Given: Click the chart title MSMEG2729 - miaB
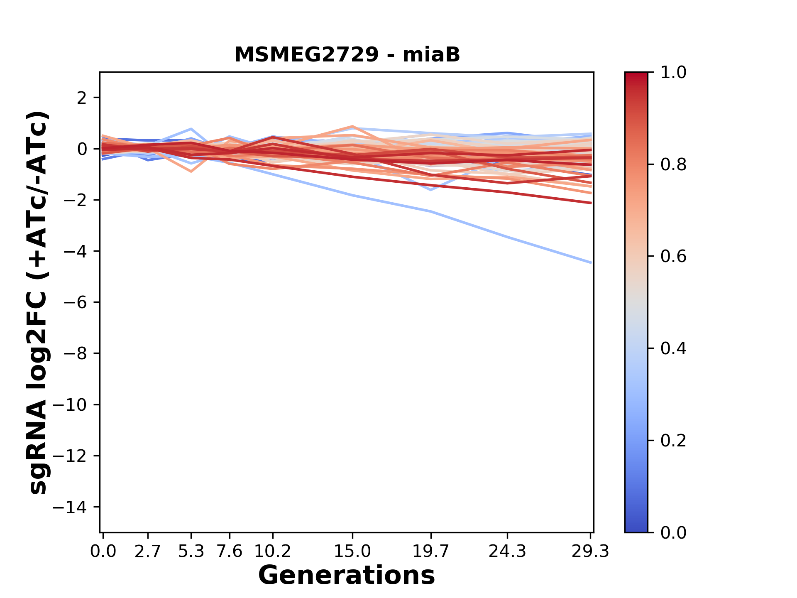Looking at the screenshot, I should click(x=347, y=55).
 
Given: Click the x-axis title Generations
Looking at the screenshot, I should click(x=347, y=576).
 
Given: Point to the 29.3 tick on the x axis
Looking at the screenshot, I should click(x=590, y=551).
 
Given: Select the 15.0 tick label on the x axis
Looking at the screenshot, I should click(x=352, y=551).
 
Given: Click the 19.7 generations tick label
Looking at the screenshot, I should click(x=431, y=551).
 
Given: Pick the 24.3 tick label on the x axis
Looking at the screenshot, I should click(x=507, y=551).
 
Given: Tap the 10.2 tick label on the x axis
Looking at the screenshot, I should click(x=272, y=551).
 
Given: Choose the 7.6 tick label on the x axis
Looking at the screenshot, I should click(x=230, y=551).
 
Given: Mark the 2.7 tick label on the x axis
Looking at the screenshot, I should click(x=148, y=551).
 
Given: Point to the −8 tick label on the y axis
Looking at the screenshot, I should click(x=75, y=353).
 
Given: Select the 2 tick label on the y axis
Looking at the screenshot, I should click(x=82, y=98).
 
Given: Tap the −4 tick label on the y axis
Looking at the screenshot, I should click(x=75, y=251).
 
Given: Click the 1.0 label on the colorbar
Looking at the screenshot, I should click(x=673, y=73).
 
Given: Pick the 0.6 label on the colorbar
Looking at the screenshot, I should click(x=673, y=257).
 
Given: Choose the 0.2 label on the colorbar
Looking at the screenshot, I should click(x=673, y=441).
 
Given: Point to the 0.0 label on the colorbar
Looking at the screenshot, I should click(x=673, y=532).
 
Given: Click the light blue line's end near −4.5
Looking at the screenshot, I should click(x=590, y=262).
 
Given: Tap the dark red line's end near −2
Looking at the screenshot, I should click(x=590, y=203).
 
